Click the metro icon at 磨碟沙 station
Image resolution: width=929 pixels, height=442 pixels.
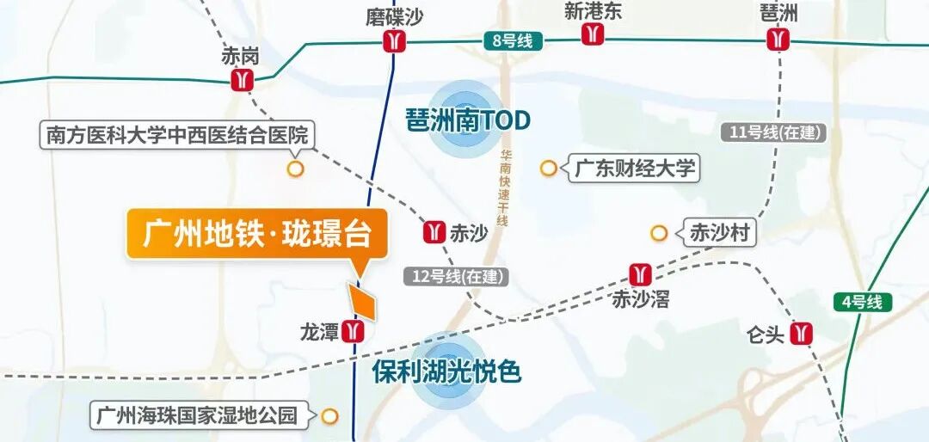[x=395, y=41]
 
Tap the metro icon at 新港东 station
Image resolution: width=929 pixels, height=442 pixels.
[x=593, y=34]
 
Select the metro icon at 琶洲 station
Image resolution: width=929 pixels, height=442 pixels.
[x=779, y=40]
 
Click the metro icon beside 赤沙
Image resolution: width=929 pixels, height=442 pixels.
[x=434, y=232]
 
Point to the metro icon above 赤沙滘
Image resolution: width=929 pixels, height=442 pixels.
[x=639, y=274]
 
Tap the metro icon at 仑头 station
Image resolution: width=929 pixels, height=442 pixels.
[x=803, y=334]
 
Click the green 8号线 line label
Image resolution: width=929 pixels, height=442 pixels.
[x=513, y=40]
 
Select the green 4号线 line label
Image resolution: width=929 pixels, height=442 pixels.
[x=863, y=302]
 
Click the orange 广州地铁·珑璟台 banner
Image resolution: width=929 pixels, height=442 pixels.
[x=256, y=234]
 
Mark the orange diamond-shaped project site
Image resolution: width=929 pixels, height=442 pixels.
[x=361, y=301]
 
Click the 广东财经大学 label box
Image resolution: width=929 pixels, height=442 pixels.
[x=634, y=168]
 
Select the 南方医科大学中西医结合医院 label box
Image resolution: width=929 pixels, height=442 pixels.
[x=178, y=136]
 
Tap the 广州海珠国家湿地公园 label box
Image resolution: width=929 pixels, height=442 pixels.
[x=197, y=416]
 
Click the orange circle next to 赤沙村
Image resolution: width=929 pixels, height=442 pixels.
[x=659, y=233]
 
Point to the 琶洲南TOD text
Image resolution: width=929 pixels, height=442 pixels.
[x=468, y=120]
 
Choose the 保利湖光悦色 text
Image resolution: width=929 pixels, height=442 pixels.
[x=446, y=371]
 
